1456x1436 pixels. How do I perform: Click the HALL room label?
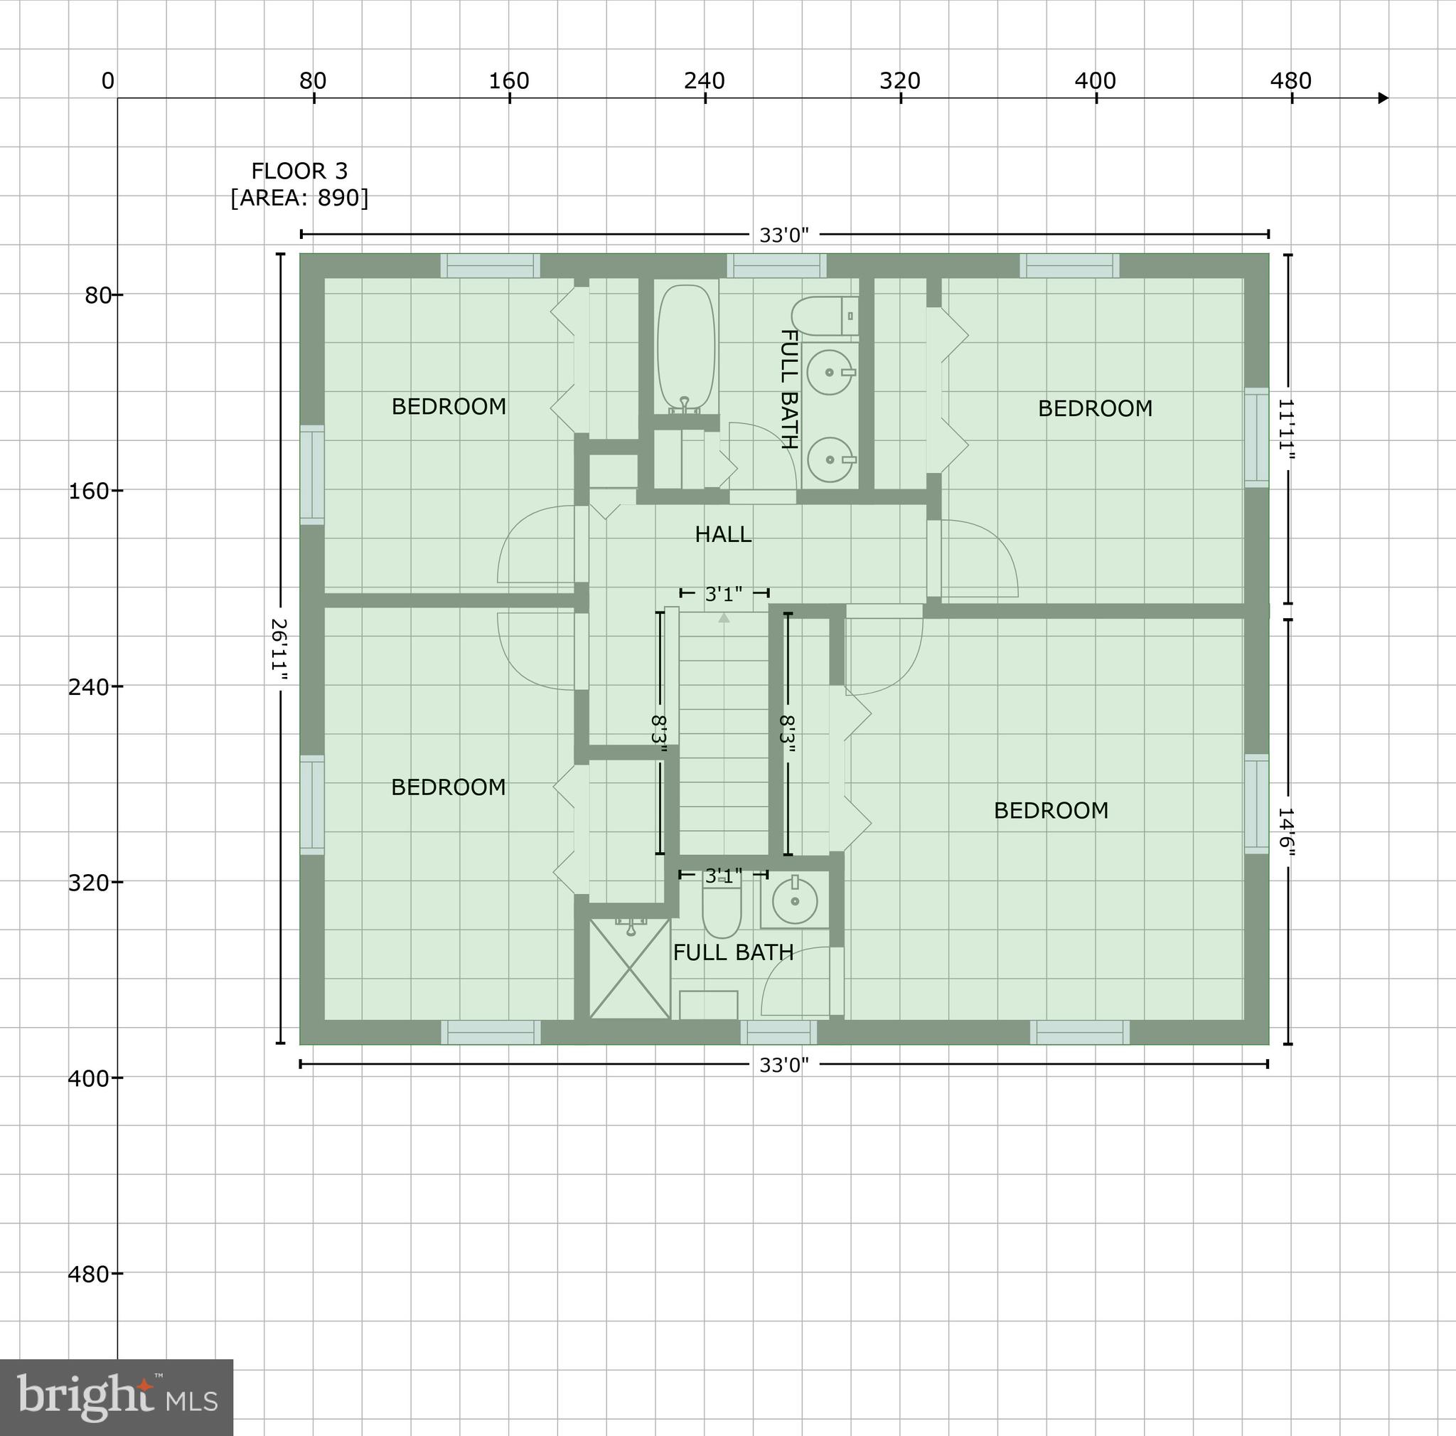click(x=723, y=534)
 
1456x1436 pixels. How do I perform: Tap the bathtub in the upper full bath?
click(x=685, y=349)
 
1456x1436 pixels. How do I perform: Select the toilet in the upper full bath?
click(x=823, y=316)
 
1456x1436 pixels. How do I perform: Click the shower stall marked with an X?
click(x=629, y=969)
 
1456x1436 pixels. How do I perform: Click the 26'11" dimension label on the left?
click(x=279, y=649)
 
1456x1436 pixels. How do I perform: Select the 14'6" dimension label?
click(x=1285, y=833)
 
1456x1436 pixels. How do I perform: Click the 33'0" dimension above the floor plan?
click(x=783, y=235)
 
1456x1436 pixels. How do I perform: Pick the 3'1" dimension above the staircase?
click(x=724, y=594)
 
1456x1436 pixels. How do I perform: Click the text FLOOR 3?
click(x=299, y=171)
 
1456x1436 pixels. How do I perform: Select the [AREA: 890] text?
click(x=299, y=198)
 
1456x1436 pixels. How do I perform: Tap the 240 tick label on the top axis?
click(x=704, y=80)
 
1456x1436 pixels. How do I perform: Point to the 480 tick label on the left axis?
click(x=89, y=1274)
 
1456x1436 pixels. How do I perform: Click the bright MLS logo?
click(x=117, y=1397)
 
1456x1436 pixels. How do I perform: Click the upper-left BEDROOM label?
click(x=449, y=406)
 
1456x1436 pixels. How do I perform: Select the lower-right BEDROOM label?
click(x=1051, y=810)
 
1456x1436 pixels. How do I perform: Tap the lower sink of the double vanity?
click(x=829, y=459)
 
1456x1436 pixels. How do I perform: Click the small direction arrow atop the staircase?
click(x=724, y=618)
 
